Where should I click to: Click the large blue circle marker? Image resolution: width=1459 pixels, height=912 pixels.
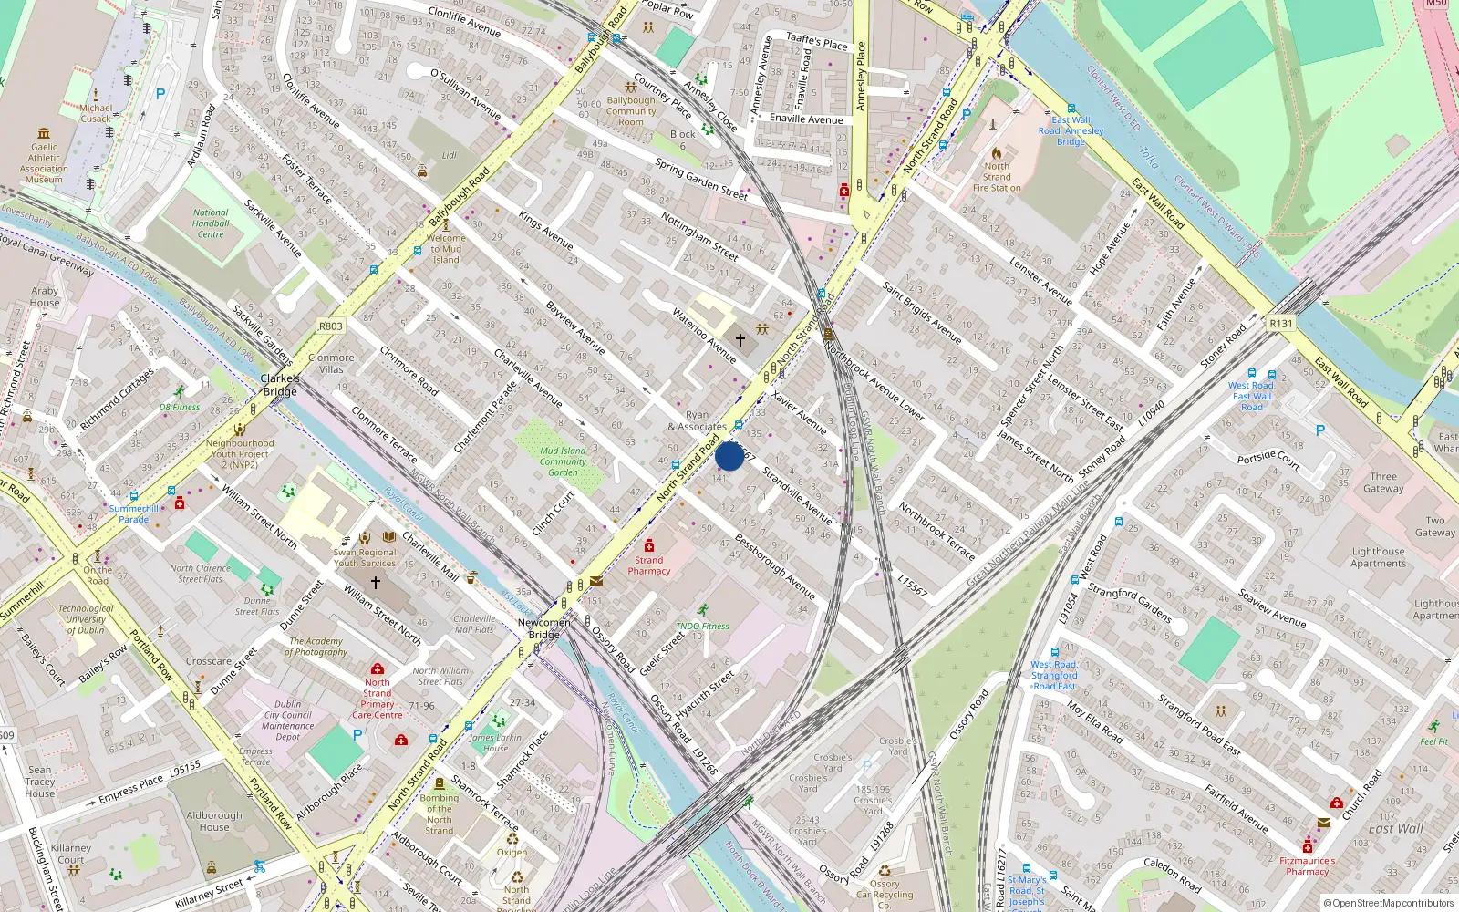(x=729, y=455)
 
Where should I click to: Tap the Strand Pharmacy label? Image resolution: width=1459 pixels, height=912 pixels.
(x=648, y=565)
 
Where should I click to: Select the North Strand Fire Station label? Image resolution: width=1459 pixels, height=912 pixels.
(x=997, y=177)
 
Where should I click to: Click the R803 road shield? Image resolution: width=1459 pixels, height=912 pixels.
(x=331, y=326)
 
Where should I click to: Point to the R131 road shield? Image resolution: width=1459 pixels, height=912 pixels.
(x=1281, y=323)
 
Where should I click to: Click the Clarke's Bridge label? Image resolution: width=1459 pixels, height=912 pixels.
(x=279, y=385)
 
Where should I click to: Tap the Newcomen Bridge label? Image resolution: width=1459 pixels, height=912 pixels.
(x=544, y=628)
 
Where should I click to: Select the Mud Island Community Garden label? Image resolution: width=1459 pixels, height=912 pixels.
(x=563, y=461)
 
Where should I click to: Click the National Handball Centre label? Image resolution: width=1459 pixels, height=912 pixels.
(x=211, y=223)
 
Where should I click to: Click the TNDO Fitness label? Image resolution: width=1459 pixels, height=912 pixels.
(x=702, y=627)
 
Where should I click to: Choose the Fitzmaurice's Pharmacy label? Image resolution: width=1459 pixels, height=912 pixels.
(x=1307, y=865)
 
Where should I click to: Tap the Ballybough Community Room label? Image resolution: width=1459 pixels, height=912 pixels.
(x=631, y=111)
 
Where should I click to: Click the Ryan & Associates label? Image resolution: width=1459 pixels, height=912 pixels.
(x=698, y=420)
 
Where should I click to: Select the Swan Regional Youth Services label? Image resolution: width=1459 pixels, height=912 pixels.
(x=365, y=557)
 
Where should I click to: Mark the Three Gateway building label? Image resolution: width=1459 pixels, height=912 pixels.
(x=1383, y=482)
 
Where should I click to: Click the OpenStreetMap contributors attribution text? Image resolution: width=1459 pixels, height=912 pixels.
(x=1389, y=904)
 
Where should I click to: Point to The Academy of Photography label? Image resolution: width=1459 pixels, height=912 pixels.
(x=316, y=647)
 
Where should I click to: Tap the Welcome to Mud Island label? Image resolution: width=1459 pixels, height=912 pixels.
(x=446, y=249)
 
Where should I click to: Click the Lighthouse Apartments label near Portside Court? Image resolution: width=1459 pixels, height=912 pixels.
(x=1378, y=557)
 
